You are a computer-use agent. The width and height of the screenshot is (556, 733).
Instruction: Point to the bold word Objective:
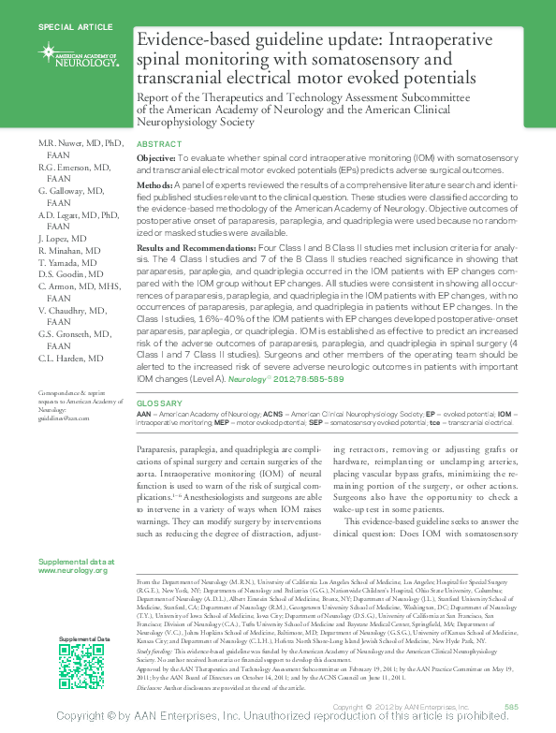pos(155,160)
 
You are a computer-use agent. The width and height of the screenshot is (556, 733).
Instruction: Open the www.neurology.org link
pos(73,570)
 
